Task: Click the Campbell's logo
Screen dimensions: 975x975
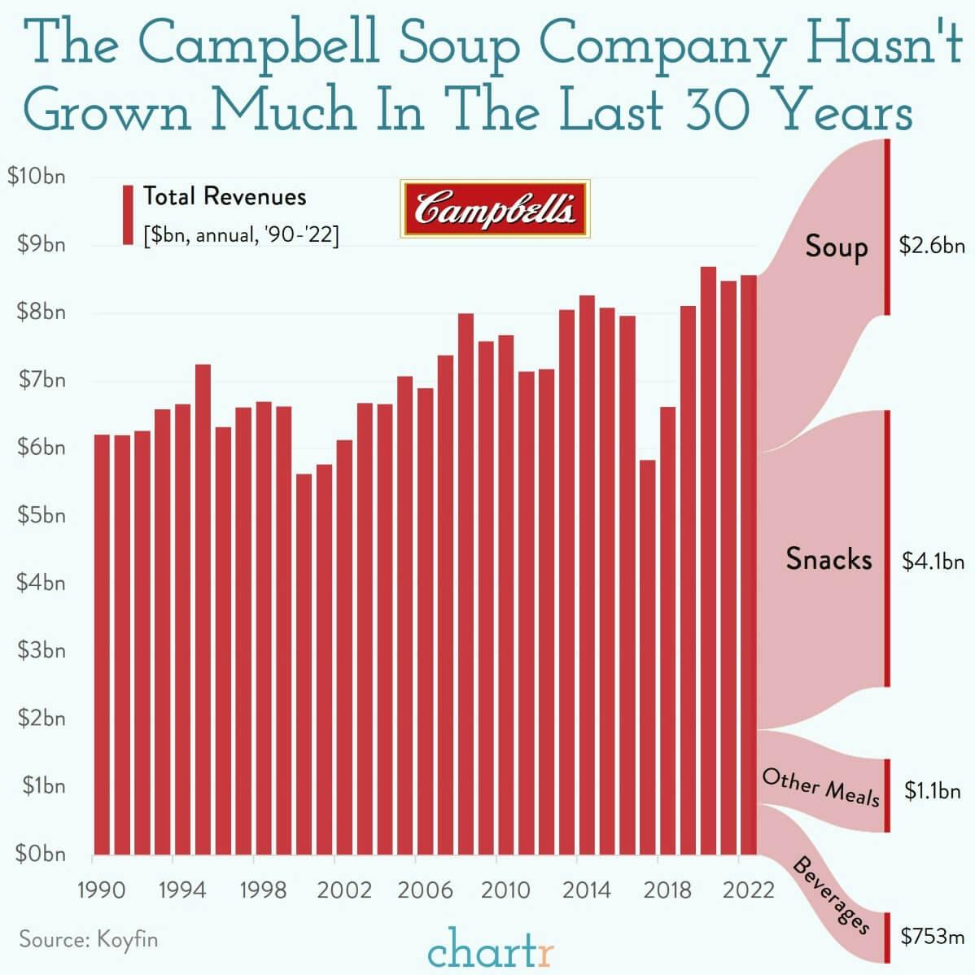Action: pyautogui.click(x=495, y=209)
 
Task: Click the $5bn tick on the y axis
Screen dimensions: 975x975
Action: pyautogui.click(x=37, y=515)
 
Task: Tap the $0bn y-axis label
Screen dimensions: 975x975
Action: pyautogui.click(x=37, y=854)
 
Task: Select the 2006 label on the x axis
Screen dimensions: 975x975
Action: pyautogui.click(x=424, y=890)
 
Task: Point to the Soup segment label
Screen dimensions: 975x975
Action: pyautogui.click(x=836, y=246)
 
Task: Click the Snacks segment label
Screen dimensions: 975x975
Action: pyautogui.click(x=829, y=558)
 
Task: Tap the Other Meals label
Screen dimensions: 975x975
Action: pyautogui.click(x=820, y=787)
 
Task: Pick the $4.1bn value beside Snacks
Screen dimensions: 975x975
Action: pyautogui.click(x=933, y=561)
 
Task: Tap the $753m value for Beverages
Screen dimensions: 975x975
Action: pyautogui.click(x=933, y=936)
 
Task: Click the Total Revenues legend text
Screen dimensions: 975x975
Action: pyautogui.click(x=225, y=196)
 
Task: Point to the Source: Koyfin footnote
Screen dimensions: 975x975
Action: pyautogui.click(x=89, y=939)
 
